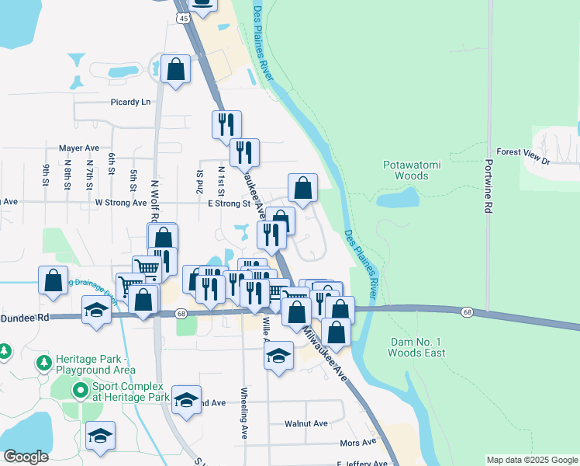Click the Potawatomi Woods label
point(406,170)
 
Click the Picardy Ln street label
point(130,102)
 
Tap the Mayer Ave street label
point(79,148)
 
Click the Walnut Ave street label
point(306,424)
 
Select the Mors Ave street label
point(357,443)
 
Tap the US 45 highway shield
point(182,17)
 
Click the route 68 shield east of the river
point(467,311)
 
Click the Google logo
point(26,457)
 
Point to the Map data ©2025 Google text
point(531,460)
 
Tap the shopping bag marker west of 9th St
point(53,281)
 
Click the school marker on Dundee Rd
point(96,311)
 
